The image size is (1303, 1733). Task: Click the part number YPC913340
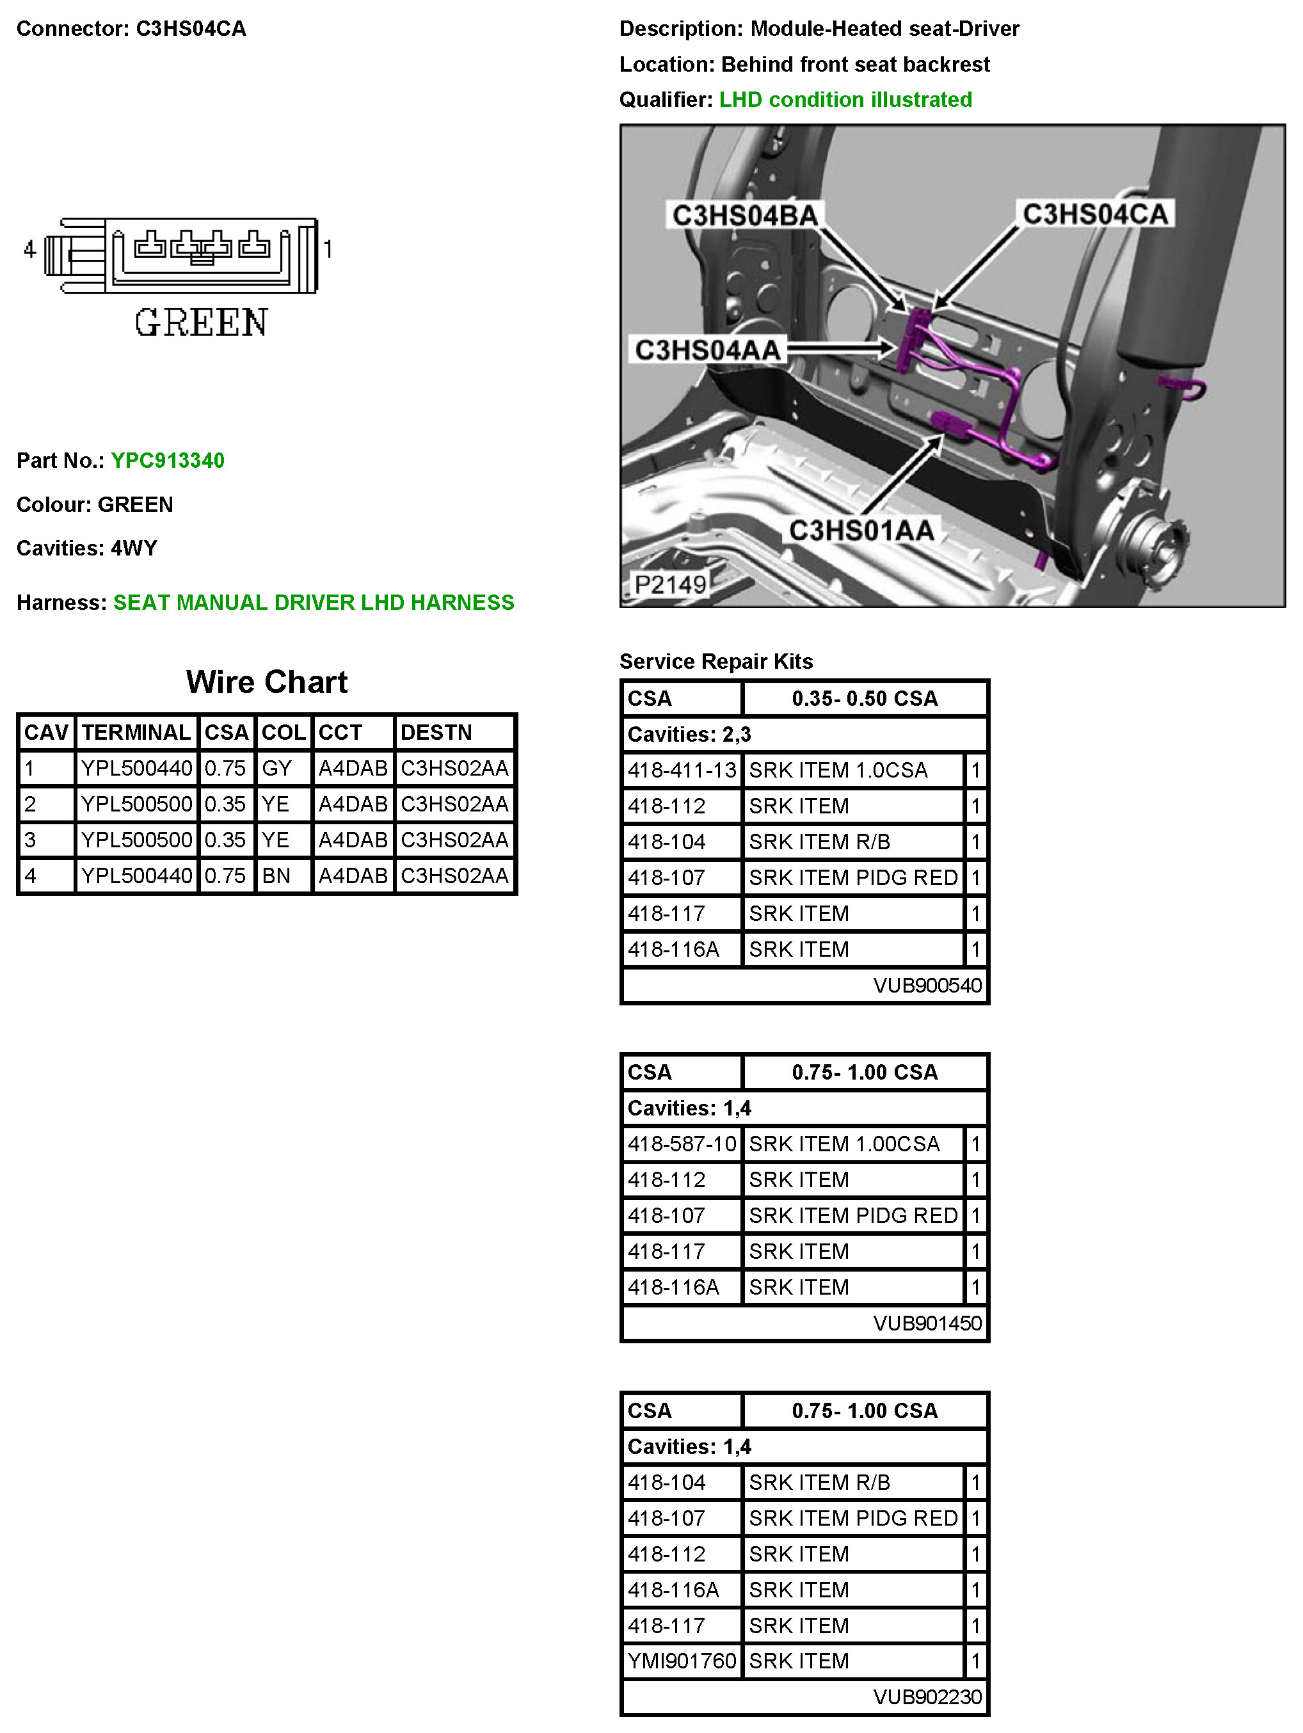pos(167,460)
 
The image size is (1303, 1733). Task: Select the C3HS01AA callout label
pos(860,531)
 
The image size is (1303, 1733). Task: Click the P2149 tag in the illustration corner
pos(669,584)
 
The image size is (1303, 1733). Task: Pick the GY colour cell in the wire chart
pos(276,768)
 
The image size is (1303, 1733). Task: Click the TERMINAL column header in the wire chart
pos(136,733)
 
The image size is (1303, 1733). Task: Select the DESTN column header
pos(436,733)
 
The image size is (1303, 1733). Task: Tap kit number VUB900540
pos(927,985)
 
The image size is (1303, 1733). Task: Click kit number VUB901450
pos(927,1323)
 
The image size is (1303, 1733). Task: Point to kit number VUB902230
pos(927,1697)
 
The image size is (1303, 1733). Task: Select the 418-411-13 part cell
pos(682,770)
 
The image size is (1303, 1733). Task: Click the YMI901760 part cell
pos(682,1661)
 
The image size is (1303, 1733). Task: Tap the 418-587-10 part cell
pos(682,1144)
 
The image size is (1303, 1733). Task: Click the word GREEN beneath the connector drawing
pos(202,323)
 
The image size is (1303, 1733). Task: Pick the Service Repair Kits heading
pos(715,661)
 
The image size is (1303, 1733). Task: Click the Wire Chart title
pos(266,682)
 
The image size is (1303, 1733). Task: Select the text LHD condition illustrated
pos(845,99)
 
